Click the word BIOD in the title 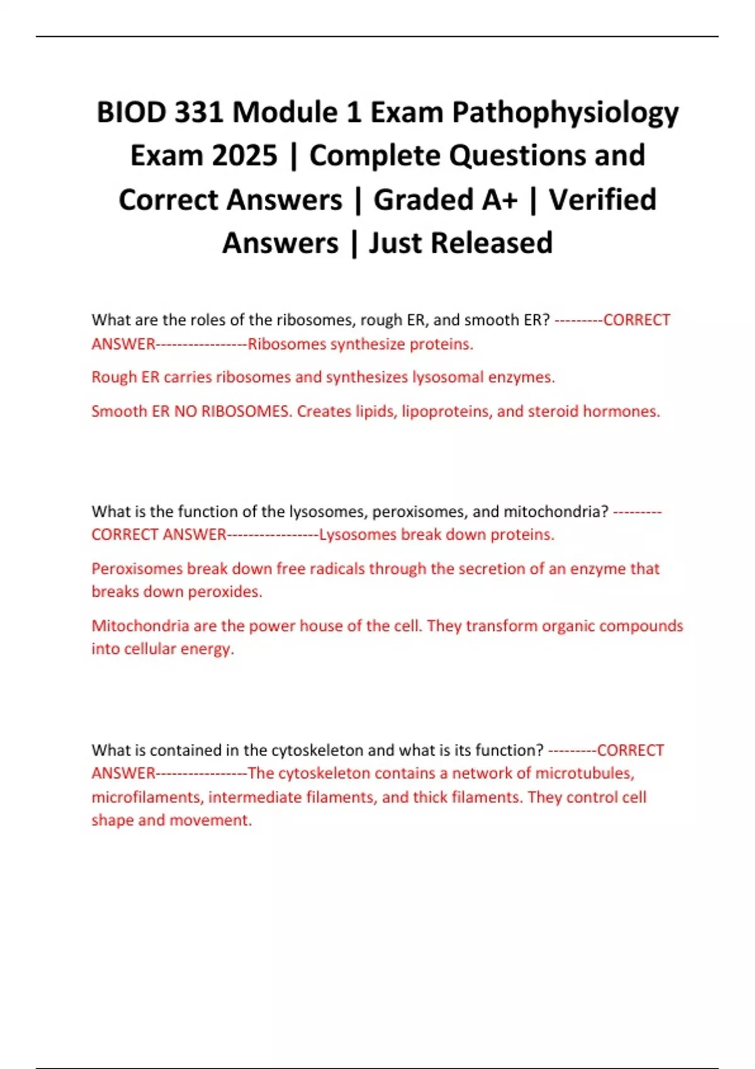[131, 113]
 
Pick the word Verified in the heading [602, 200]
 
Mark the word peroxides [225, 592]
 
